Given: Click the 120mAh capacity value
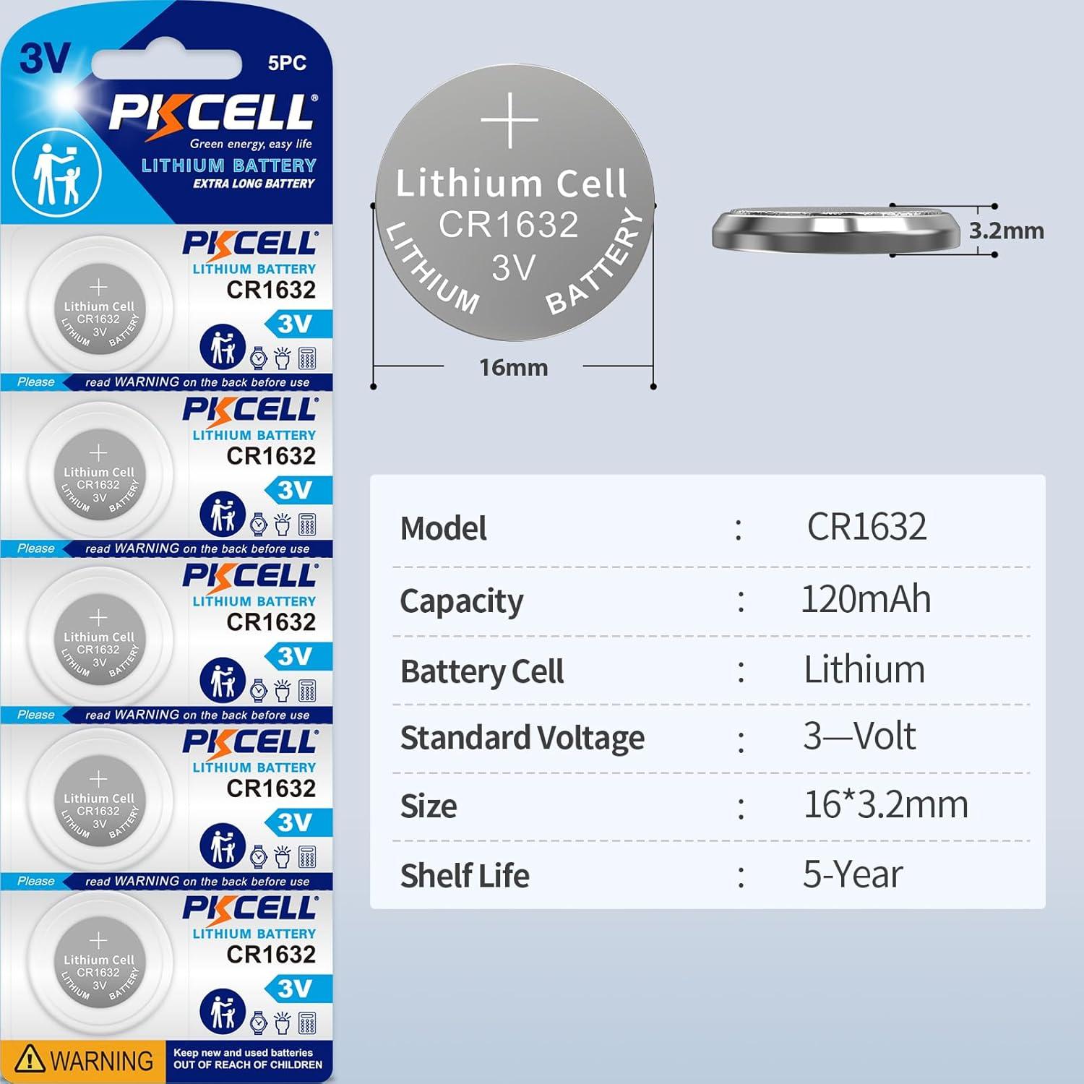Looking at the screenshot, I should click(866, 600).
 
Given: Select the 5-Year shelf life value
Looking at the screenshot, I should click(853, 875).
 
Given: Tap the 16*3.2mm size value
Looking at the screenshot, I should click(885, 805).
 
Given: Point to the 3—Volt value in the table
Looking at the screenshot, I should click(859, 737).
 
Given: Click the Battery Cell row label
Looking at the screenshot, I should click(482, 671).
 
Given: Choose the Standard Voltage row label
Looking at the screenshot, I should click(522, 739).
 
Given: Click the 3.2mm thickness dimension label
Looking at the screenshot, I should click(1006, 231).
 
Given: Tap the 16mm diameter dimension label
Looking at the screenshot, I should click(513, 368).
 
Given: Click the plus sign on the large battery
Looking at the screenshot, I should click(510, 120).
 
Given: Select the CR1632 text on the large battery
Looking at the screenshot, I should click(509, 225).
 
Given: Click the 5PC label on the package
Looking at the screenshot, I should click(287, 63).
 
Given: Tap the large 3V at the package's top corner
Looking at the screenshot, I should click(45, 58).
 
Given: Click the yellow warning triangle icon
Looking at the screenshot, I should click(30, 1059).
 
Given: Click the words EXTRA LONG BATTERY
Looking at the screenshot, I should click(254, 184).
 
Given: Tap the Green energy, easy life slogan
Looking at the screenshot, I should click(251, 144).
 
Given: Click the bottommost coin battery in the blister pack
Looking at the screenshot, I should click(99, 969).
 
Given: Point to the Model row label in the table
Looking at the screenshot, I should click(443, 528).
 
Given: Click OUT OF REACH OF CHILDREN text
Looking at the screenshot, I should click(248, 1065).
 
